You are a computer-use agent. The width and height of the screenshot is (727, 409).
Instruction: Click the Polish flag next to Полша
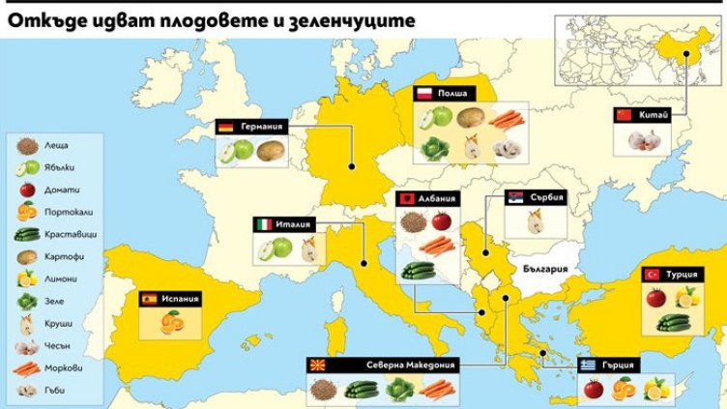point(422,95)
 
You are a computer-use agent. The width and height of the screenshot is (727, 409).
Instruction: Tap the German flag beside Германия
point(225,127)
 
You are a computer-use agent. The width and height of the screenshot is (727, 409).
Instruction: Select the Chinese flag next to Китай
point(623,116)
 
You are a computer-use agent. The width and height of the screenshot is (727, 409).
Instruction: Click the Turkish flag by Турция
point(651,275)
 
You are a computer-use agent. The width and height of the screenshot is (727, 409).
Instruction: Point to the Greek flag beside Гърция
point(588,365)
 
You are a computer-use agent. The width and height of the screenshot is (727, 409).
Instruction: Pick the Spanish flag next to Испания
point(149,300)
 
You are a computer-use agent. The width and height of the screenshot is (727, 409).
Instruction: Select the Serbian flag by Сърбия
point(517,198)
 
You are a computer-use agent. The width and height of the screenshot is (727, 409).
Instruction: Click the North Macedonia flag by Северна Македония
point(316,366)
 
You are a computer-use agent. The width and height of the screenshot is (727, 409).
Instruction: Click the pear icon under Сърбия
point(534,222)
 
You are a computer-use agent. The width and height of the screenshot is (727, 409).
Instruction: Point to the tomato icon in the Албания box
point(442,220)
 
